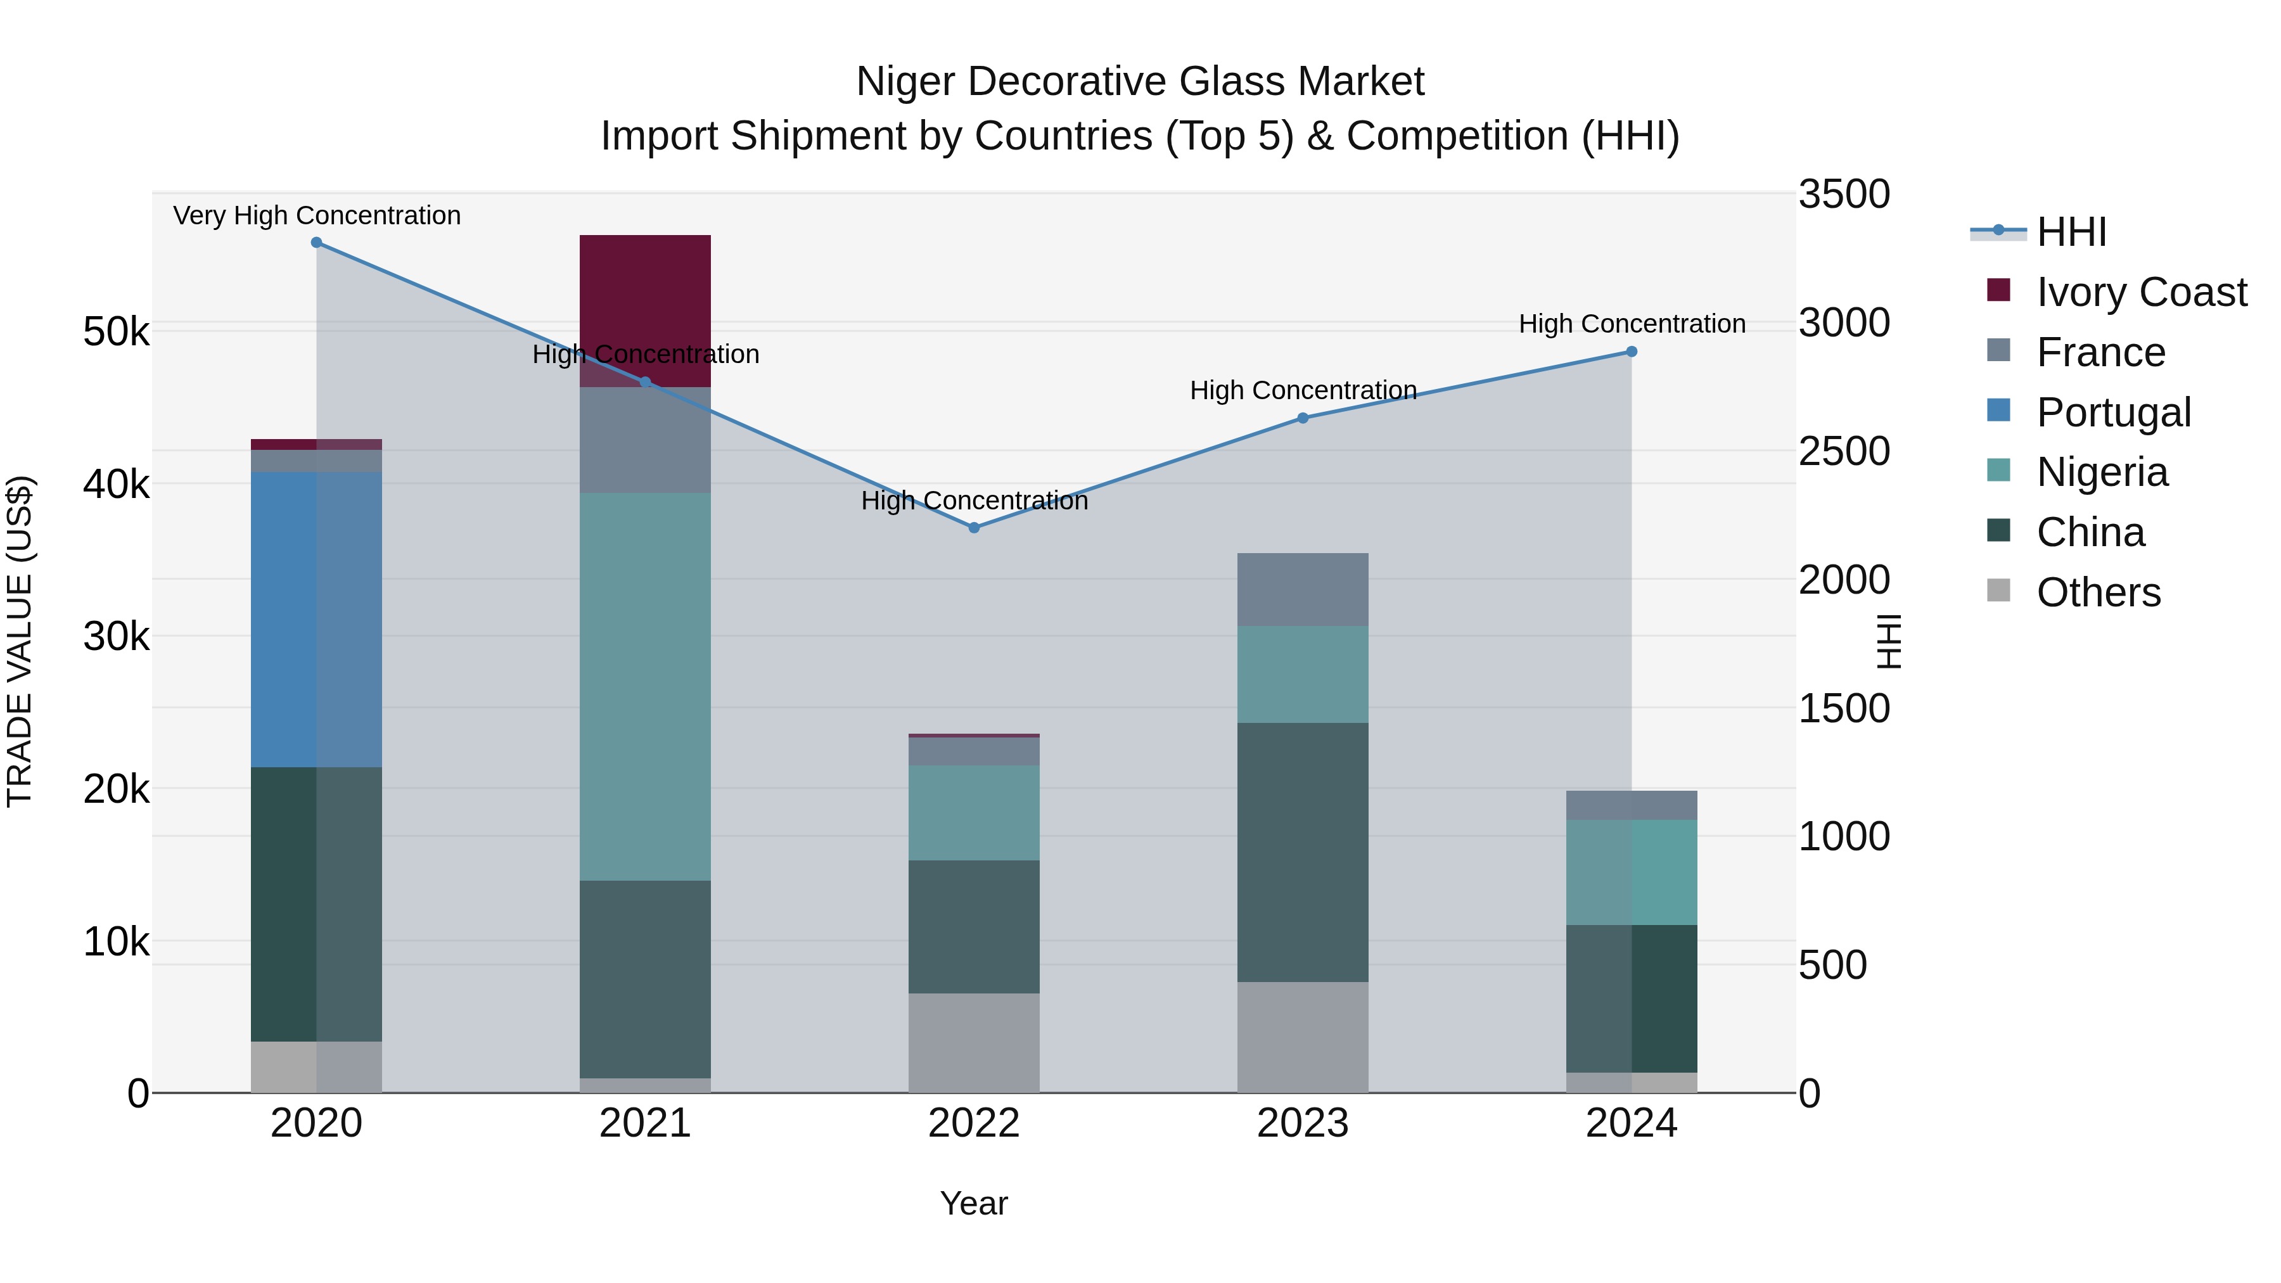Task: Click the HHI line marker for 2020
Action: pyautogui.click(x=316, y=243)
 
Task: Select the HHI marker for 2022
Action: pyautogui.click(x=974, y=528)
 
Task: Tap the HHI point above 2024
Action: pyautogui.click(x=1632, y=352)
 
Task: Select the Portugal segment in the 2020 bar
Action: pyautogui.click(x=316, y=619)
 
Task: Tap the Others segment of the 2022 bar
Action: pyautogui.click(x=974, y=1042)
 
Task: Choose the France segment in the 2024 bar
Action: pyautogui.click(x=1632, y=805)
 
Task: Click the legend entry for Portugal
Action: pyautogui.click(x=2112, y=412)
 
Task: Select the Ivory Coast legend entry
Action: pyautogui.click(x=2140, y=292)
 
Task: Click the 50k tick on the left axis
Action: pyautogui.click(x=116, y=332)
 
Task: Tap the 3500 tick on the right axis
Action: pyautogui.click(x=1844, y=194)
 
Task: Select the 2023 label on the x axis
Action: pyautogui.click(x=1303, y=1123)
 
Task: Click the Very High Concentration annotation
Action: pyautogui.click(x=316, y=215)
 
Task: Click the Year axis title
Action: pyautogui.click(x=973, y=1203)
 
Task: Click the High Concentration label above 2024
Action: pyautogui.click(x=1632, y=324)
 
